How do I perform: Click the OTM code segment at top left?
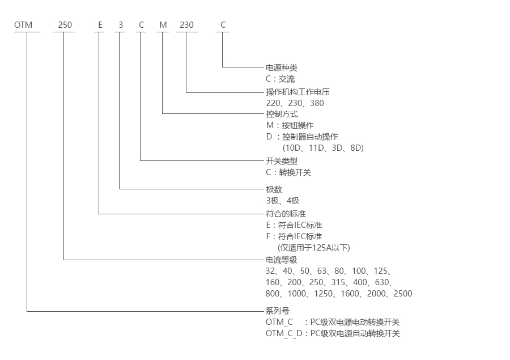pyautogui.click(x=23, y=25)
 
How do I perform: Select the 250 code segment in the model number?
pyautogui.click(x=63, y=25)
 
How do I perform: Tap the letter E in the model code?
pyautogui.click(x=100, y=25)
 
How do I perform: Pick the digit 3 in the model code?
pyautogui.click(x=120, y=25)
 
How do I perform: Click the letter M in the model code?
pyautogui.click(x=163, y=25)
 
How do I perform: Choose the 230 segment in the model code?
pyautogui.click(x=186, y=25)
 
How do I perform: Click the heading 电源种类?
pyautogui.click(x=282, y=67)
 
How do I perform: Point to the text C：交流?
pyautogui.click(x=280, y=79)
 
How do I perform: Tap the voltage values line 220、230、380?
pyautogui.click(x=295, y=103)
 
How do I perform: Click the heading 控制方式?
pyautogui.click(x=282, y=114)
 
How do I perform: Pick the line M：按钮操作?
pyautogui.click(x=290, y=125)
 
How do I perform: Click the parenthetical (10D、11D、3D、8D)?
pyautogui.click(x=323, y=148)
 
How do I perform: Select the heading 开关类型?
pyautogui.click(x=282, y=161)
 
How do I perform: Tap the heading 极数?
pyautogui.click(x=274, y=189)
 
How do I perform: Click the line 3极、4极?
pyautogui.click(x=282, y=201)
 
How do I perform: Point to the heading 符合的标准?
pyautogui.click(x=286, y=214)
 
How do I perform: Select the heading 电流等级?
pyautogui.click(x=282, y=260)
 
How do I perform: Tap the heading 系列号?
pyautogui.click(x=278, y=311)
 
